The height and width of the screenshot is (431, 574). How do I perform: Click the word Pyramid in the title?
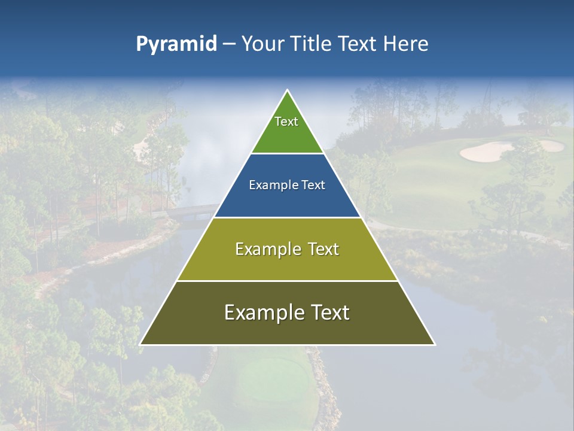[x=176, y=44]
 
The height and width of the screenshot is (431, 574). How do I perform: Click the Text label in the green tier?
[x=286, y=122]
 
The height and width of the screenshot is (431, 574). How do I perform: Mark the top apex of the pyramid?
[x=288, y=90]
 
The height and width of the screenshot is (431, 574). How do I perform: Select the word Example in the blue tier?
[x=273, y=186]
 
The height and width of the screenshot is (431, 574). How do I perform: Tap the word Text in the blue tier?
[x=313, y=186]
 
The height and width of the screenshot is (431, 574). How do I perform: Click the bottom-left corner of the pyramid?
[x=141, y=344]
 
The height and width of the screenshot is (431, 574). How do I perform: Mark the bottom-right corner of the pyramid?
[x=434, y=344]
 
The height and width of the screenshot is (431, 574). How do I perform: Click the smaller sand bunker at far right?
[x=551, y=145]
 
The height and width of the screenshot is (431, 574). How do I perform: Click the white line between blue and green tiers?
[x=288, y=154]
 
